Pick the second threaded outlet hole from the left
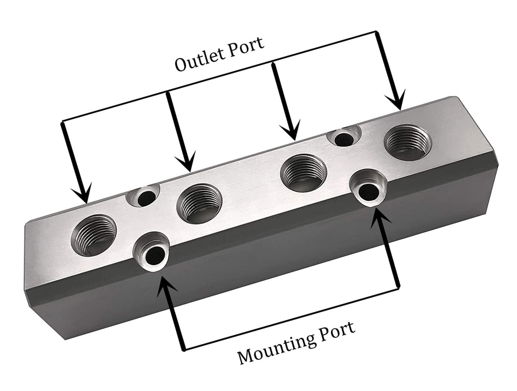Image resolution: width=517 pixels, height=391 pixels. click(199, 200)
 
